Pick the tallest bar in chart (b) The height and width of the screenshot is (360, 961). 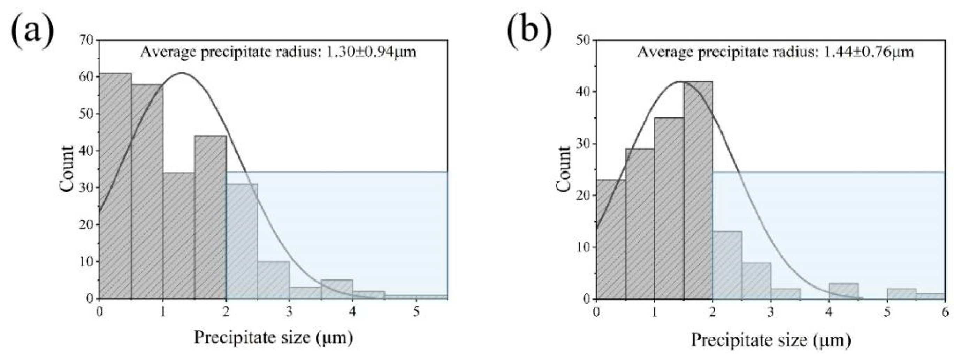click(698, 190)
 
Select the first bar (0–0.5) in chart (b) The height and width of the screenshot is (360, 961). click(611, 239)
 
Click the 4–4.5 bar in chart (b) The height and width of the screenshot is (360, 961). click(844, 291)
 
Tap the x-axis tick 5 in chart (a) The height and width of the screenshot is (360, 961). click(416, 312)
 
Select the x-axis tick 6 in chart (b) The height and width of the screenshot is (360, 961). click(945, 312)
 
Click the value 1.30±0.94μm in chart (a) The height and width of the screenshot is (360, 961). click(371, 52)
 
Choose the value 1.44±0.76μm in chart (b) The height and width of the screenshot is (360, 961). click(869, 52)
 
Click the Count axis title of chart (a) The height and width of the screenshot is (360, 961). click(67, 169)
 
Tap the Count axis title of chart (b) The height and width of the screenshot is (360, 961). click(564, 169)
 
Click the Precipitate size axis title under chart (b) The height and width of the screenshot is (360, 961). click(771, 339)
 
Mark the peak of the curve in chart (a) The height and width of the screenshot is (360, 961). click(182, 73)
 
